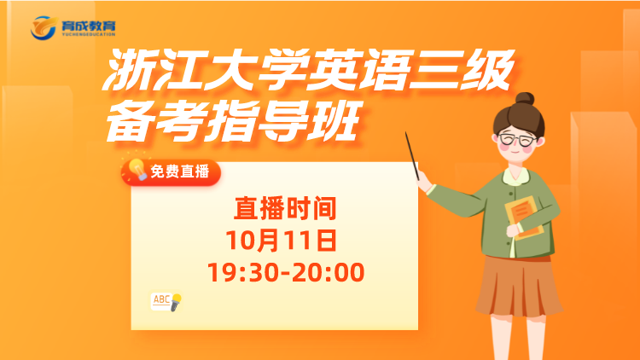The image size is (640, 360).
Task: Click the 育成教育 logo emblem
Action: click(44, 28)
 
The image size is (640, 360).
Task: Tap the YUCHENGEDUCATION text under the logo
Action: click(89, 34)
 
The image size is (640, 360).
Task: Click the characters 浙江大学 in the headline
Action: click(204, 70)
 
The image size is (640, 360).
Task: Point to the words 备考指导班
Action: click(234, 121)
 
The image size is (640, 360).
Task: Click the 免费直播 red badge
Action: click(171, 171)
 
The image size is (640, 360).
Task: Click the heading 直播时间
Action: click(285, 208)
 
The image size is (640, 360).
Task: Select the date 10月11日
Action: click(282, 240)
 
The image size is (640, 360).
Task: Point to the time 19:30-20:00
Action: click(286, 272)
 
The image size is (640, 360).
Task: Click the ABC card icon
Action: click(161, 302)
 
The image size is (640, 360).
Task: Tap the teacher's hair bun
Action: click(525, 98)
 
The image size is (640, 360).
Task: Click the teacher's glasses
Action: click(517, 140)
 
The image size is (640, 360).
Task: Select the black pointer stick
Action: click(412, 156)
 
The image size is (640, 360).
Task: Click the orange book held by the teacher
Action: click(525, 218)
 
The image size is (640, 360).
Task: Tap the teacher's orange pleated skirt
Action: click(518, 287)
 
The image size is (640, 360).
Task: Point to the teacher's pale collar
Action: click(516, 176)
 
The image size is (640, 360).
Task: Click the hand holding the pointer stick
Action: click(423, 182)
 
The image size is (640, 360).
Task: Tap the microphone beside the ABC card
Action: click(176, 303)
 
